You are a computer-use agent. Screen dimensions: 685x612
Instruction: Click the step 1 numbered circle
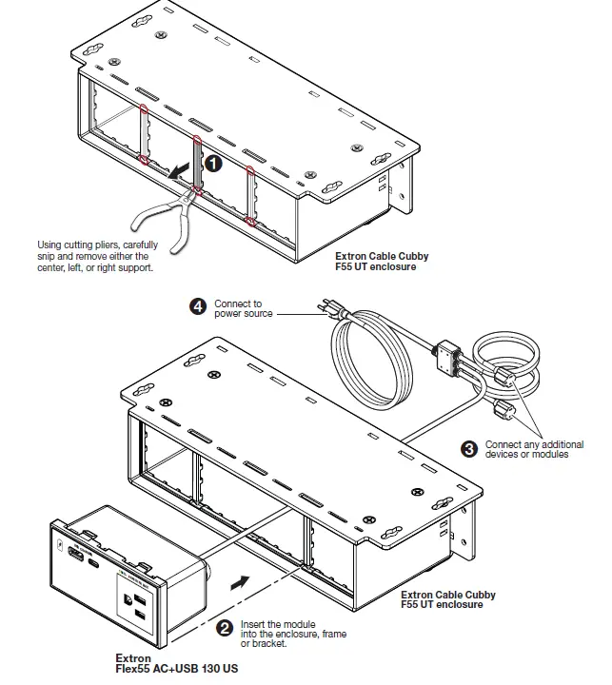tap(214, 164)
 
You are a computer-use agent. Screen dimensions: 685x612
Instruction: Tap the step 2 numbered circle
tap(225, 627)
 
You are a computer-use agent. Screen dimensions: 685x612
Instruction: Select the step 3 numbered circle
tap(469, 447)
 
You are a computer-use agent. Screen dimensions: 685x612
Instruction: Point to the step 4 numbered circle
tap(198, 306)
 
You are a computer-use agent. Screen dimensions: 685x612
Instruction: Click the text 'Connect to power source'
tap(243, 308)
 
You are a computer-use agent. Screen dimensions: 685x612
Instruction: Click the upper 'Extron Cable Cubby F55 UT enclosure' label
tap(381, 262)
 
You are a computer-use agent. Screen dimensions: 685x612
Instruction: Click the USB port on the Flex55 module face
tap(73, 551)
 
